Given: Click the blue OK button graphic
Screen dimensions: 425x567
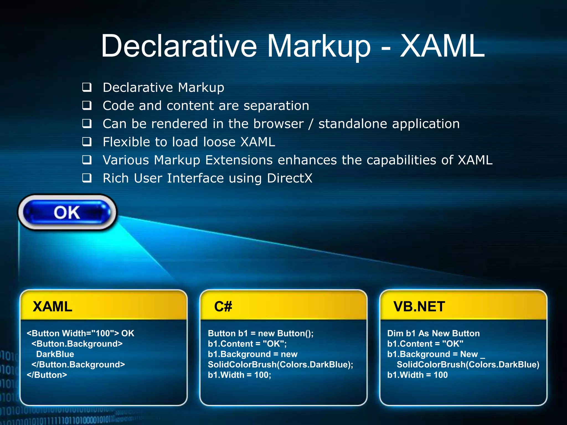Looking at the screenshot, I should [x=67, y=212].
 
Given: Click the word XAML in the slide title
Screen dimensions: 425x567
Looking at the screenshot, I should [x=442, y=46].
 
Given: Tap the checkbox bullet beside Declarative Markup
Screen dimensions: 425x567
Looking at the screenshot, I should [x=87, y=87].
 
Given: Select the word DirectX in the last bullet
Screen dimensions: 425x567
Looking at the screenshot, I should [x=290, y=178].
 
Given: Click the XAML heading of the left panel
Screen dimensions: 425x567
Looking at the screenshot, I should [x=52, y=307].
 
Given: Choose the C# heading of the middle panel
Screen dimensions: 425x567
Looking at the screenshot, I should [x=223, y=307].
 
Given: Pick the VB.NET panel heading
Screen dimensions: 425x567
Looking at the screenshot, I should [x=419, y=307].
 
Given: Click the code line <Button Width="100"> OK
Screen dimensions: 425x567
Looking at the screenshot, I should [x=80, y=333].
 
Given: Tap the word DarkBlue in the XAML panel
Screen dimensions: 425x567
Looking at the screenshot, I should [x=55, y=354].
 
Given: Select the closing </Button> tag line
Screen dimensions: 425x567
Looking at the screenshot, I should [x=47, y=375].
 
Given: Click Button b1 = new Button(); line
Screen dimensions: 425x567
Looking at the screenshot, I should [x=261, y=333].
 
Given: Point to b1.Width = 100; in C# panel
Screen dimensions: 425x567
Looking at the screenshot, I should [x=239, y=375].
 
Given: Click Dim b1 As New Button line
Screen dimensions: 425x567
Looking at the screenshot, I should [x=433, y=333].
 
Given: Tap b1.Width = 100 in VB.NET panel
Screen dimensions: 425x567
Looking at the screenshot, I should [x=417, y=375].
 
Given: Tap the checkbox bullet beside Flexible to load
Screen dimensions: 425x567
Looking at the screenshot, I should [x=87, y=142].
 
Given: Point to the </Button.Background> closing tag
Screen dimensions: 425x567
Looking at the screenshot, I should [x=78, y=364].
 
